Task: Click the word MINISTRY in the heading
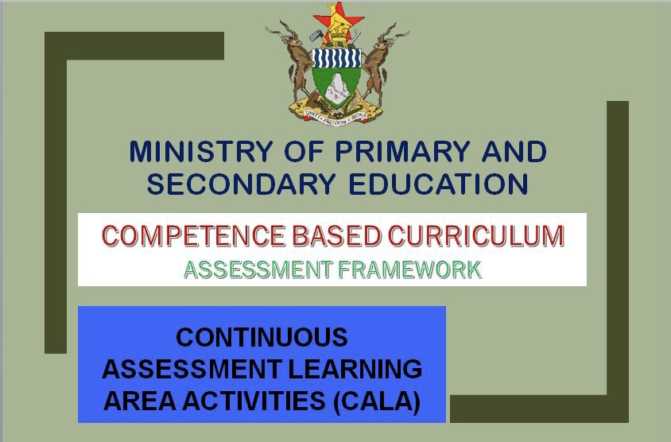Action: pyautogui.click(x=200, y=151)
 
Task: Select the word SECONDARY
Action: pyautogui.click(x=241, y=184)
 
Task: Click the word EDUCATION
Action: pyautogui.click(x=438, y=184)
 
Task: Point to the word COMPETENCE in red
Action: pyautogui.click(x=193, y=236)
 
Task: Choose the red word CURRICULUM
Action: pyautogui.click(x=476, y=236)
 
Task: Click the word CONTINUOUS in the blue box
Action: pyautogui.click(x=262, y=337)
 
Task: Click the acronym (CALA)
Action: pyautogui.click(x=377, y=401)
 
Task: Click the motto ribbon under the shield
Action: pyautogui.click(x=336, y=115)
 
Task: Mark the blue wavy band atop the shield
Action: pyautogui.click(x=336, y=58)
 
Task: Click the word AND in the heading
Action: pyautogui.click(x=514, y=151)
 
